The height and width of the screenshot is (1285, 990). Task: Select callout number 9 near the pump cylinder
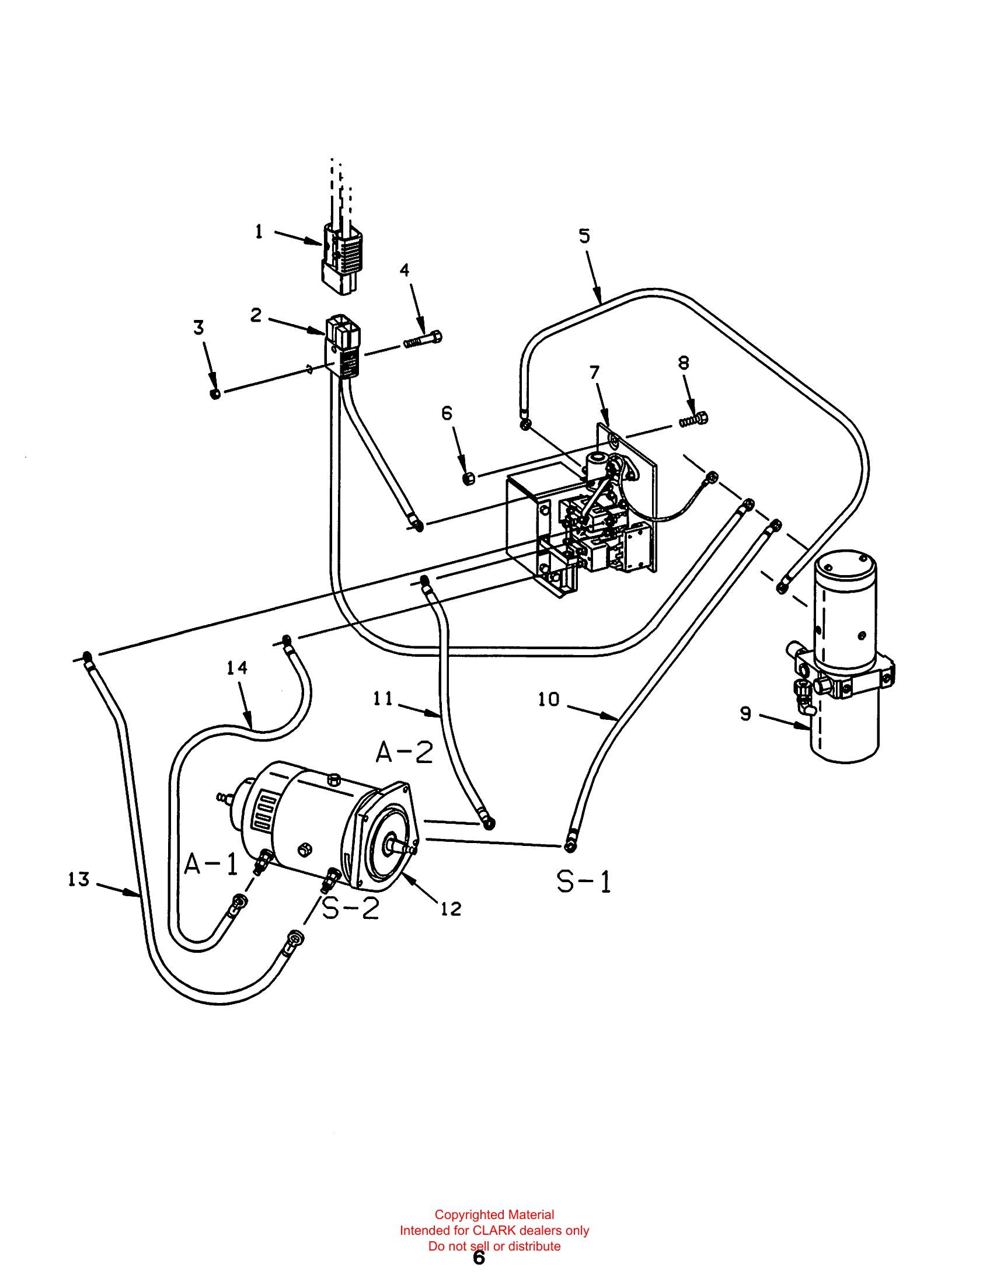click(745, 714)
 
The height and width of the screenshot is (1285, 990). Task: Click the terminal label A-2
click(405, 753)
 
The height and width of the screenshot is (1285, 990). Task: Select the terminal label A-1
click(211, 863)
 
